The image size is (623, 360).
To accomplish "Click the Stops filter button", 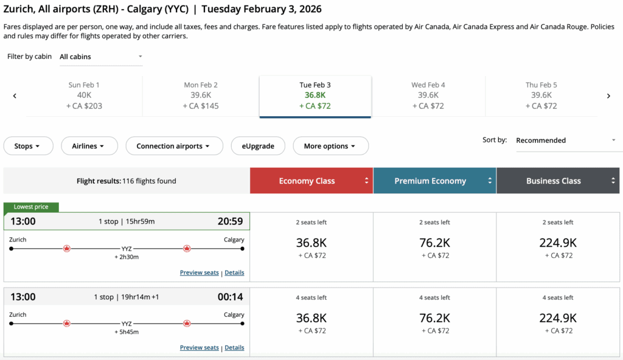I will [x=28, y=146].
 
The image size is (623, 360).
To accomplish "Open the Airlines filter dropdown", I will [x=88, y=146].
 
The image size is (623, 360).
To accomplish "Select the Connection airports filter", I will [x=173, y=146].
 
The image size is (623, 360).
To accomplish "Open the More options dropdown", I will [x=330, y=146].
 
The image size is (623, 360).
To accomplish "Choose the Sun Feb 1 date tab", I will [x=84, y=95].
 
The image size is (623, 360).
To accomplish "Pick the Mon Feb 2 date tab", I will [x=200, y=95].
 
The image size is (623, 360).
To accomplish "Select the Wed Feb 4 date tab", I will [x=428, y=95].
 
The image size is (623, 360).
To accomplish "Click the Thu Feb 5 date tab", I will [x=541, y=95].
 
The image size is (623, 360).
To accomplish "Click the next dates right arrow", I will [x=608, y=95].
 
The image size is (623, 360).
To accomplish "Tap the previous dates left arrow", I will [x=15, y=95].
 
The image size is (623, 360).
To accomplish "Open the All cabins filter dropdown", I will [x=100, y=57].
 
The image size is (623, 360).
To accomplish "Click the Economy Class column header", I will [x=311, y=181].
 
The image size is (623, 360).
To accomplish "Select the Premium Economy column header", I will [x=434, y=181].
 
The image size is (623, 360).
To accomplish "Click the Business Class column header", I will [x=557, y=181].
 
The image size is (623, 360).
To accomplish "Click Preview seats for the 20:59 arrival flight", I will [x=199, y=272].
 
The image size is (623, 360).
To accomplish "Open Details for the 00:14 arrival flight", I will [x=234, y=348].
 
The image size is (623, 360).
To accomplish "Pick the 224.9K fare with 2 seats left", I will [x=558, y=243].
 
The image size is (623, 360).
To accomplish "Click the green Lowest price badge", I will [x=31, y=207].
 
